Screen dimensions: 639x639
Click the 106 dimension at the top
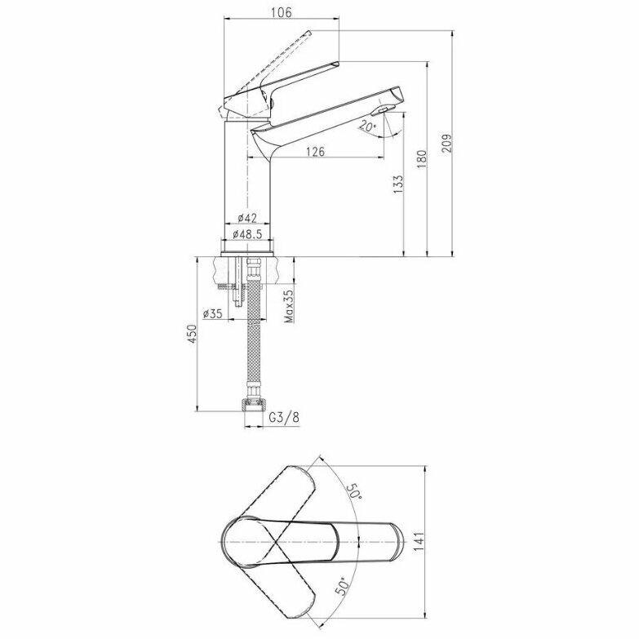(282, 12)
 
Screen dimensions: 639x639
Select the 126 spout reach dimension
(316, 152)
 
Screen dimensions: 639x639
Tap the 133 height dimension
(398, 184)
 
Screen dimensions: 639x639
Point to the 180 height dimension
(422, 159)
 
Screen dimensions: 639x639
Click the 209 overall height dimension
(447, 143)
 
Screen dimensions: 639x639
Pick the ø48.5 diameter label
(247, 234)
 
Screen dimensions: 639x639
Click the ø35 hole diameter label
(212, 313)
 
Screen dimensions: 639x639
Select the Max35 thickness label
(289, 306)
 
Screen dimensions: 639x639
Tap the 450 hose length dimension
(192, 334)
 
